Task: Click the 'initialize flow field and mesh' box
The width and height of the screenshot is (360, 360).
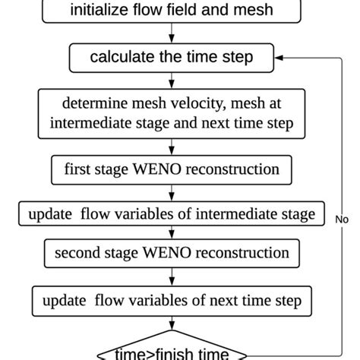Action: point(172,11)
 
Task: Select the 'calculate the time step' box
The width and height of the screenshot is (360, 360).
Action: point(172,57)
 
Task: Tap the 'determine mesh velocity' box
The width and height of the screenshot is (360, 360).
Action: point(172,111)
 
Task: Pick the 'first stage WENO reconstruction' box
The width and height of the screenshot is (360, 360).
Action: point(172,169)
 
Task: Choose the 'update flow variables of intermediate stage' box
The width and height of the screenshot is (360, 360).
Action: point(172,214)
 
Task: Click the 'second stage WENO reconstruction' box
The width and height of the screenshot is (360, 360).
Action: point(172,251)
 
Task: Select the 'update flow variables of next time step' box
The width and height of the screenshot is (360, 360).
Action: point(172,300)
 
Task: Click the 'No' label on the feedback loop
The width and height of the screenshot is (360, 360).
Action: point(343,219)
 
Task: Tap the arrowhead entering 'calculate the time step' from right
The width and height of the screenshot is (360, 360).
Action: point(279,57)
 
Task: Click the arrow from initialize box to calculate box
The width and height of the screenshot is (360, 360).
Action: point(172,34)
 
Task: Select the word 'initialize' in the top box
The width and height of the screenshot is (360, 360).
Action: point(97,11)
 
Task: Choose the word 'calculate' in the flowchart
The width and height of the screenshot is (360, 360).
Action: point(120,57)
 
